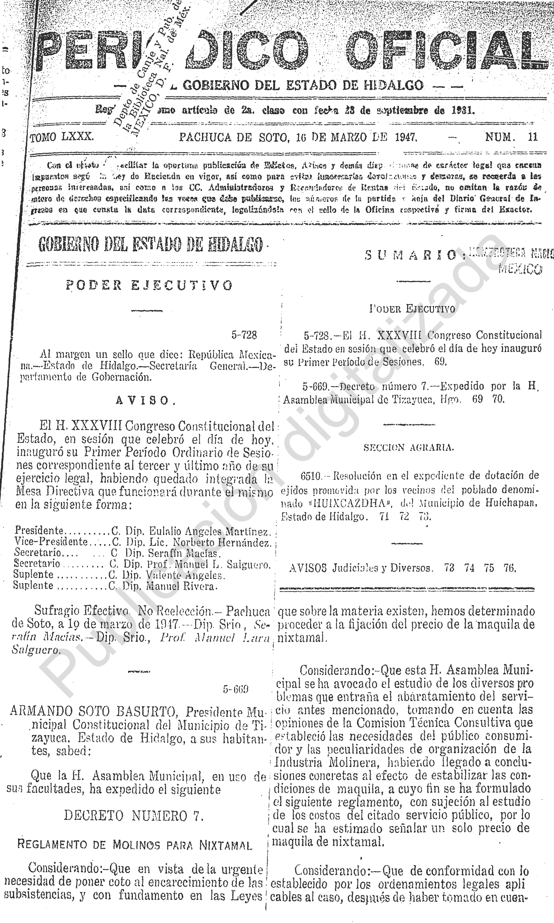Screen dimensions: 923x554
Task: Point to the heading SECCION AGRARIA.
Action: point(409,448)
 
